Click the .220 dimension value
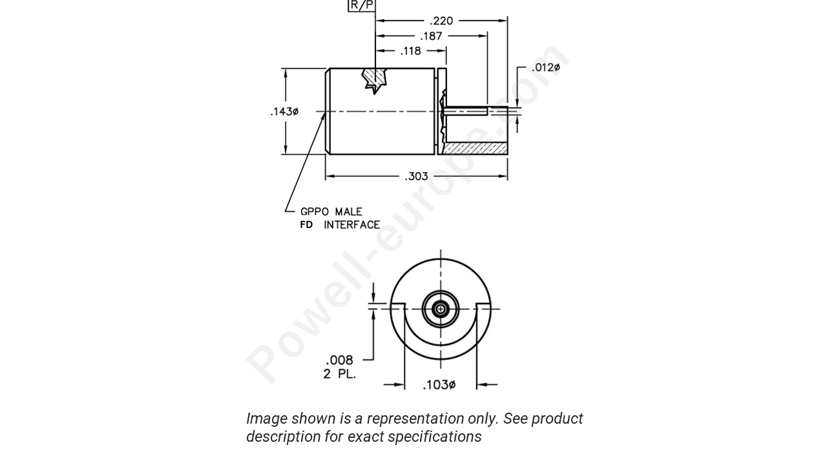coord(441,21)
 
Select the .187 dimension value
coord(431,36)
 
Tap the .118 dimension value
coord(410,51)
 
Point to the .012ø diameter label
coord(545,68)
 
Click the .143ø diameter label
coord(284,112)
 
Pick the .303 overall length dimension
coord(416,176)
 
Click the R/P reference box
coord(361,5)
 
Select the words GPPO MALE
coord(331,211)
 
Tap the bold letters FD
coord(306,225)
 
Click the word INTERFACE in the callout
coord(352,225)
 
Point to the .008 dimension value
coord(339,360)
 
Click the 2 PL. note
coord(339,373)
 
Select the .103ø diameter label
coord(439,385)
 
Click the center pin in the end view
coord(441,309)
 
